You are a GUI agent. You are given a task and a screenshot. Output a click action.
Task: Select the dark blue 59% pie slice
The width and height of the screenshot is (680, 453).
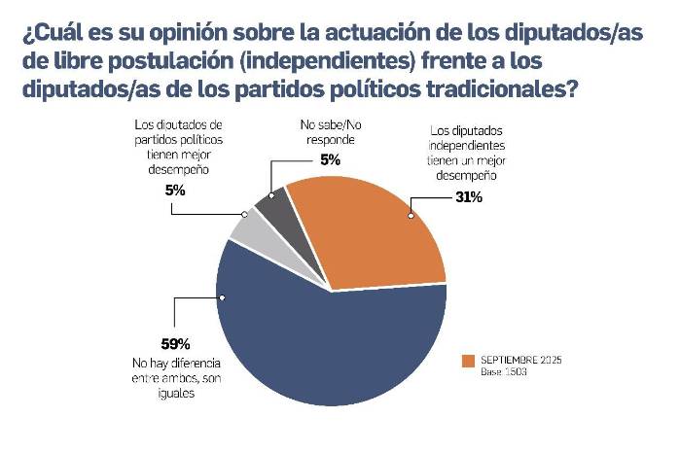(321, 350)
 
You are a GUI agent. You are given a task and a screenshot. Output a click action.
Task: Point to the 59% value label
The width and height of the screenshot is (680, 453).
(175, 343)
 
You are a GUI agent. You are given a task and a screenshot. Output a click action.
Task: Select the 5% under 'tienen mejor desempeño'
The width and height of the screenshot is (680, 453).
(175, 192)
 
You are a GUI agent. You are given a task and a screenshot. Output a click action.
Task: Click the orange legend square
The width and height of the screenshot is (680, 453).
(468, 361)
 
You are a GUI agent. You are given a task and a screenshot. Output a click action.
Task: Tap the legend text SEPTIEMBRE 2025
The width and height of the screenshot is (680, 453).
(521, 360)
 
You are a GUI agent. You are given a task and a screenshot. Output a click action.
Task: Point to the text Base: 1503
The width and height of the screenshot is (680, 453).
(505, 371)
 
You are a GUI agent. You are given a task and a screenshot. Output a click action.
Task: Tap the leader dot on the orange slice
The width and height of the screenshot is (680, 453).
(413, 215)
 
